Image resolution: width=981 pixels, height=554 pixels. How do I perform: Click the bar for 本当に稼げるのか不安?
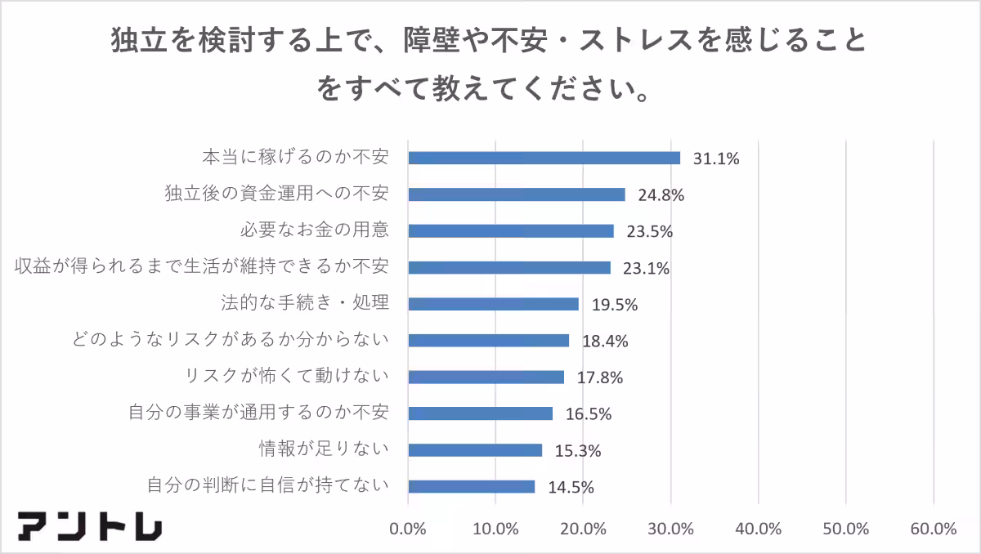click(x=544, y=158)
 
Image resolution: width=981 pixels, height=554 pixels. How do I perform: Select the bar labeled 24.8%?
click(x=517, y=194)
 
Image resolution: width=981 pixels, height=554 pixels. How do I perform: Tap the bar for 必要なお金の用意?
click(x=511, y=230)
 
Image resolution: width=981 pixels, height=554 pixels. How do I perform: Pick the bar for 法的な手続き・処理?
click(x=493, y=304)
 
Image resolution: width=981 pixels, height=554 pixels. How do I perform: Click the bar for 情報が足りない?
click(x=475, y=449)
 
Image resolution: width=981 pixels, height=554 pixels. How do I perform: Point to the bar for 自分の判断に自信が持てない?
click(x=472, y=486)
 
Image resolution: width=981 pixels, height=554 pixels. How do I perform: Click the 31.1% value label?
click(x=716, y=159)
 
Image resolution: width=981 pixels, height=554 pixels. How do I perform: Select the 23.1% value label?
click(x=647, y=268)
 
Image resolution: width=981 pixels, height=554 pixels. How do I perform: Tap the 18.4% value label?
click(x=605, y=341)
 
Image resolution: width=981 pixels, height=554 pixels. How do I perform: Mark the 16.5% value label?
click(x=589, y=413)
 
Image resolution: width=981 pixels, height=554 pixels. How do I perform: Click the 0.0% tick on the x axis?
click(x=408, y=529)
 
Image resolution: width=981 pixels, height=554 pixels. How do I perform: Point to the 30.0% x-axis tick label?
click(x=670, y=529)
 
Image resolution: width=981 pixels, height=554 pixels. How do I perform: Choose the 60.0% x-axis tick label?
click(x=933, y=529)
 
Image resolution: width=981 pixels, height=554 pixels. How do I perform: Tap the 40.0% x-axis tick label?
click(x=758, y=529)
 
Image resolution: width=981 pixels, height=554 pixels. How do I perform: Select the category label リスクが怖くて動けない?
click(x=286, y=377)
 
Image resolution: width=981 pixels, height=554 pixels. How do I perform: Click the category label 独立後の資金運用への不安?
click(x=275, y=194)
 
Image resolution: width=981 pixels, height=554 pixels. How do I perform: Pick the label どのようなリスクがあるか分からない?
click(x=229, y=340)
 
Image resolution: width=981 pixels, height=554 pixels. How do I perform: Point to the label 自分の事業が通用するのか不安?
click(x=258, y=413)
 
